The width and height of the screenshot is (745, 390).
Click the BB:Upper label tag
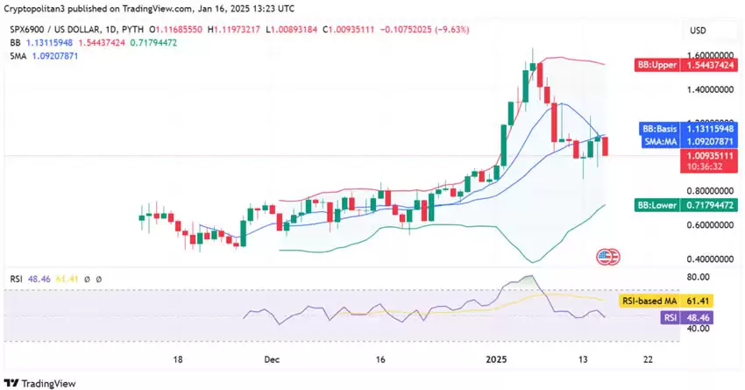point(657,66)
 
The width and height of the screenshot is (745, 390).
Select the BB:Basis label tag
point(657,128)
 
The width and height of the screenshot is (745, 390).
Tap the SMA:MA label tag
point(657,141)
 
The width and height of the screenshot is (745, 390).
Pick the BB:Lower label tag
point(657,205)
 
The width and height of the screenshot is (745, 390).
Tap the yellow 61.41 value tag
point(698,300)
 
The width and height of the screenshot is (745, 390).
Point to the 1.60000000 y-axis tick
point(711,54)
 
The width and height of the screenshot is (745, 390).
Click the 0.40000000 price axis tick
point(711,259)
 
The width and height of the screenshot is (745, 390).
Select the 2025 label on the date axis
point(497,359)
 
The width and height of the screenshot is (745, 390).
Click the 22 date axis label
point(647,359)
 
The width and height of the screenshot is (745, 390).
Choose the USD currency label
point(698,30)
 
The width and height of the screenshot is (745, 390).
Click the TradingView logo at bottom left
point(40,383)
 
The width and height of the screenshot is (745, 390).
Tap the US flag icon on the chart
point(606,258)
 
